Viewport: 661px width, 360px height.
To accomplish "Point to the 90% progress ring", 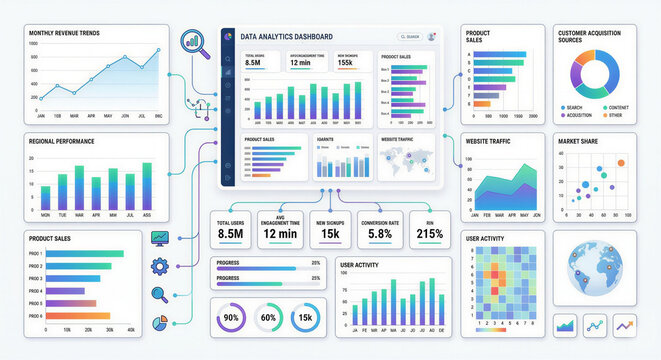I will tap(231, 317).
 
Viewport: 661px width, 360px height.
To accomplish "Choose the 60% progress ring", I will tap(268, 317).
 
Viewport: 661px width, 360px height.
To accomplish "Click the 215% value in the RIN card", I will tap(429, 234).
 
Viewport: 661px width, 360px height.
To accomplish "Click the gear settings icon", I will tap(159, 266).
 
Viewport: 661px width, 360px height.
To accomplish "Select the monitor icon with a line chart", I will tap(159, 238).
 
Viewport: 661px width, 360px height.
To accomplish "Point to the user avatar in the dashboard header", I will tap(431, 36).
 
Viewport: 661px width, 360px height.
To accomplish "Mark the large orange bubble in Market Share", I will tap(620, 161).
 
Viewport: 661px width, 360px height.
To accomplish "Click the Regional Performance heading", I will tap(62, 141).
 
